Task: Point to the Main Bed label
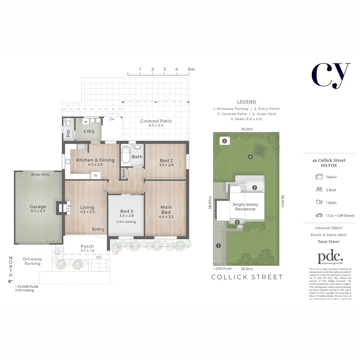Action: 166,210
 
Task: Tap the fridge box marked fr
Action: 96,176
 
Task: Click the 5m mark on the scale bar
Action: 191,69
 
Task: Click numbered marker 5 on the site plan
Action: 224,141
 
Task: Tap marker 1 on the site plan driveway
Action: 218,246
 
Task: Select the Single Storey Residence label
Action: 245,207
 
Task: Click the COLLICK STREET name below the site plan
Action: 247,277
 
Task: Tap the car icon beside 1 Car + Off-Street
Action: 319,215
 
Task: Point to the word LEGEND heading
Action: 246,102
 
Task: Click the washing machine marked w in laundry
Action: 86,122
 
